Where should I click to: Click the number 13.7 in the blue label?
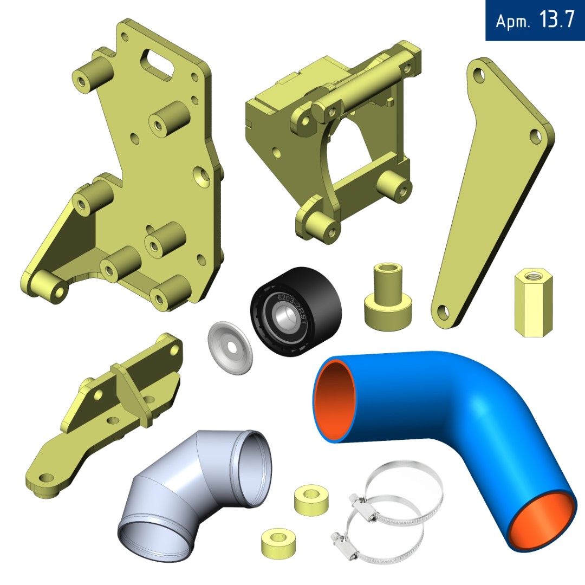click(x=556, y=19)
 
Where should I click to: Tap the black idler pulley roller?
click(x=296, y=311)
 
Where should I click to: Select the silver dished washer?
click(x=230, y=348)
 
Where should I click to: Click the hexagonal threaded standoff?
click(x=533, y=303)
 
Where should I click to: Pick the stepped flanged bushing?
click(x=388, y=297)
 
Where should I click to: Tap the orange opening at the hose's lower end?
click(x=542, y=522)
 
